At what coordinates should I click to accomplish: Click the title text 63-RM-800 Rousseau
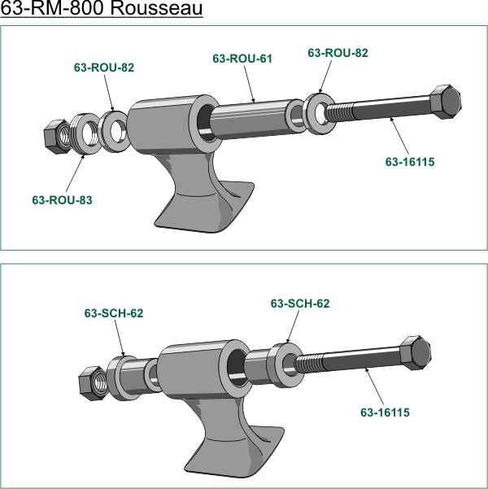[x=102, y=8]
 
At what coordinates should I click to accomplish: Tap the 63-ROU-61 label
[x=242, y=59]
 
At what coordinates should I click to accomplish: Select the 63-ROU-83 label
[x=62, y=200]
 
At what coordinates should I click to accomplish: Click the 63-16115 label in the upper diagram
[x=410, y=162]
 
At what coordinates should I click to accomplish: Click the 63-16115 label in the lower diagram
[x=385, y=413]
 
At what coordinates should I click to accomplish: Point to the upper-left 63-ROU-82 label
[x=104, y=68]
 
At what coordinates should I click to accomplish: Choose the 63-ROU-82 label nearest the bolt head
[x=338, y=53]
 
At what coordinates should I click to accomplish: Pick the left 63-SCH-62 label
[x=114, y=313]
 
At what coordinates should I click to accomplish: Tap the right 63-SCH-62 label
[x=300, y=303]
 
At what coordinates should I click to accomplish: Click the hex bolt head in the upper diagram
[x=445, y=102]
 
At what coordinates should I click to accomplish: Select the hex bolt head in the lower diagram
[x=416, y=353]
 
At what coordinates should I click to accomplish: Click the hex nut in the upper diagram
[x=57, y=137]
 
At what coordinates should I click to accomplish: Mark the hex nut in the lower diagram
[x=93, y=383]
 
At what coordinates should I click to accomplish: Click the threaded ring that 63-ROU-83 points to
[x=86, y=133]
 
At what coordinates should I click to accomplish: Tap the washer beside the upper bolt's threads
[x=320, y=114]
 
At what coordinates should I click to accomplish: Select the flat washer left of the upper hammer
[x=114, y=131]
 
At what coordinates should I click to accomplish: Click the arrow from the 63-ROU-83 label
[x=75, y=172]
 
